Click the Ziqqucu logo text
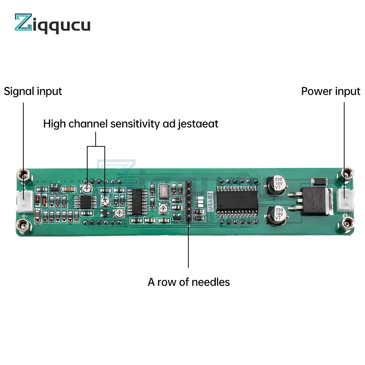pos(53,24)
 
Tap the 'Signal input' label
pos(33,91)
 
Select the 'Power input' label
pos(331,91)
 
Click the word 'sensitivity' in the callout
pos(135,124)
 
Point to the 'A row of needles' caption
pos(189,282)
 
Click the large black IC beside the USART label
pos(237,200)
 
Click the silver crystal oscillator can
pos(163,190)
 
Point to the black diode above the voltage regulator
pos(318,181)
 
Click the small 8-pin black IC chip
pos(86,202)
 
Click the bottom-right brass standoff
pos(346,223)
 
